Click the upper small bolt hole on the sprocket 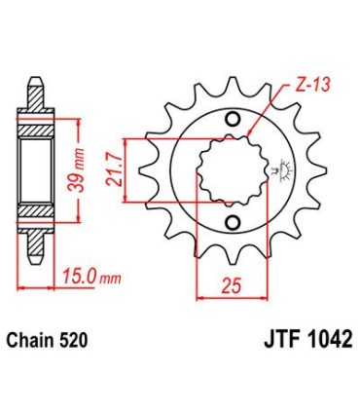(232, 121)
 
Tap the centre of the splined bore (230, 171)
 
